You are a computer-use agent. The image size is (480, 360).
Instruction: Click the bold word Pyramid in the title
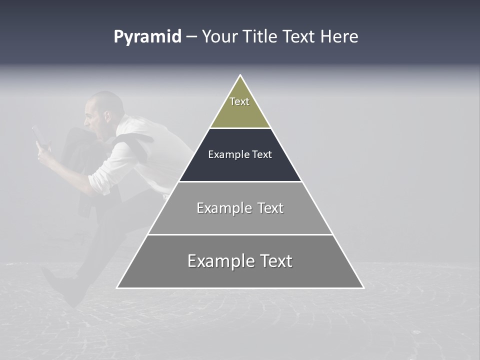147,37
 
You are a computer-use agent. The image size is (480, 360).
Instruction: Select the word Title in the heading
260,37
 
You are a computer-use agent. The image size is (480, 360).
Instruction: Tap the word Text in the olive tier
239,101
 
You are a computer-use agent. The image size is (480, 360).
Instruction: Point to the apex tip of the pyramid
240,76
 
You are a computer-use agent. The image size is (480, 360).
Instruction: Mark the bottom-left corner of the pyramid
117,287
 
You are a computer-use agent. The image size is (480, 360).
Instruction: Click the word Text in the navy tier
261,154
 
